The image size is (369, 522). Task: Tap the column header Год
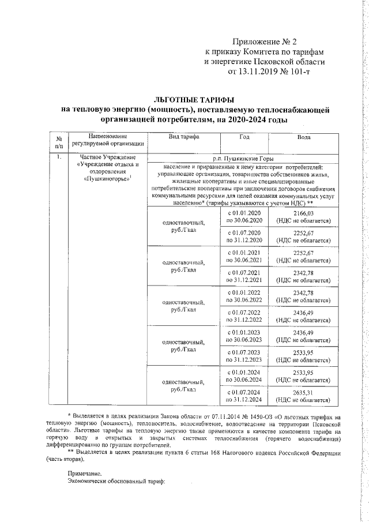(244, 137)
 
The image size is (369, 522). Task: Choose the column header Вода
(304, 137)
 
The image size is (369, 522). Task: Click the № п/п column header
(58, 140)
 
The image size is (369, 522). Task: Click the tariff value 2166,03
(303, 213)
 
